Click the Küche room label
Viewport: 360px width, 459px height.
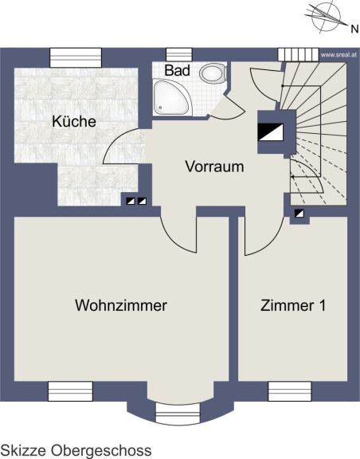pos(74,121)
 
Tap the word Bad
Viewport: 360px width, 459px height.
pos(177,70)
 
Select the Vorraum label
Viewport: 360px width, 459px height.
pos(214,167)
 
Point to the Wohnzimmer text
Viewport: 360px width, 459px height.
pos(121,305)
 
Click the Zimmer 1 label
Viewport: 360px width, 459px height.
pos(293,305)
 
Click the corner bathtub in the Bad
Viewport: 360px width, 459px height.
pos(171,97)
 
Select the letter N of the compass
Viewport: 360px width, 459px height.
pos(354,29)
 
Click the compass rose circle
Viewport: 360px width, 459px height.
pos(326,16)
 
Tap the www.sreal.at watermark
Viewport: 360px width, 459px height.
pos(338,55)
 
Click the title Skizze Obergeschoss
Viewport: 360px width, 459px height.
pos(76,450)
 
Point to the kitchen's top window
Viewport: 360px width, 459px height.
pos(76,57)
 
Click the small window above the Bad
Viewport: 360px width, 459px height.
pos(179,55)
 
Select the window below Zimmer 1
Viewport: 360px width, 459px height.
pos(290,391)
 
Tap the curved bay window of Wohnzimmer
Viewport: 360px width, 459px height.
pos(178,413)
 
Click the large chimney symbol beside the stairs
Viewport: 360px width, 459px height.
pos(271,132)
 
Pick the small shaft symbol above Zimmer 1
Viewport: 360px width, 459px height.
pos(299,214)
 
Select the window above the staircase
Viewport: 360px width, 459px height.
pos(298,54)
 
